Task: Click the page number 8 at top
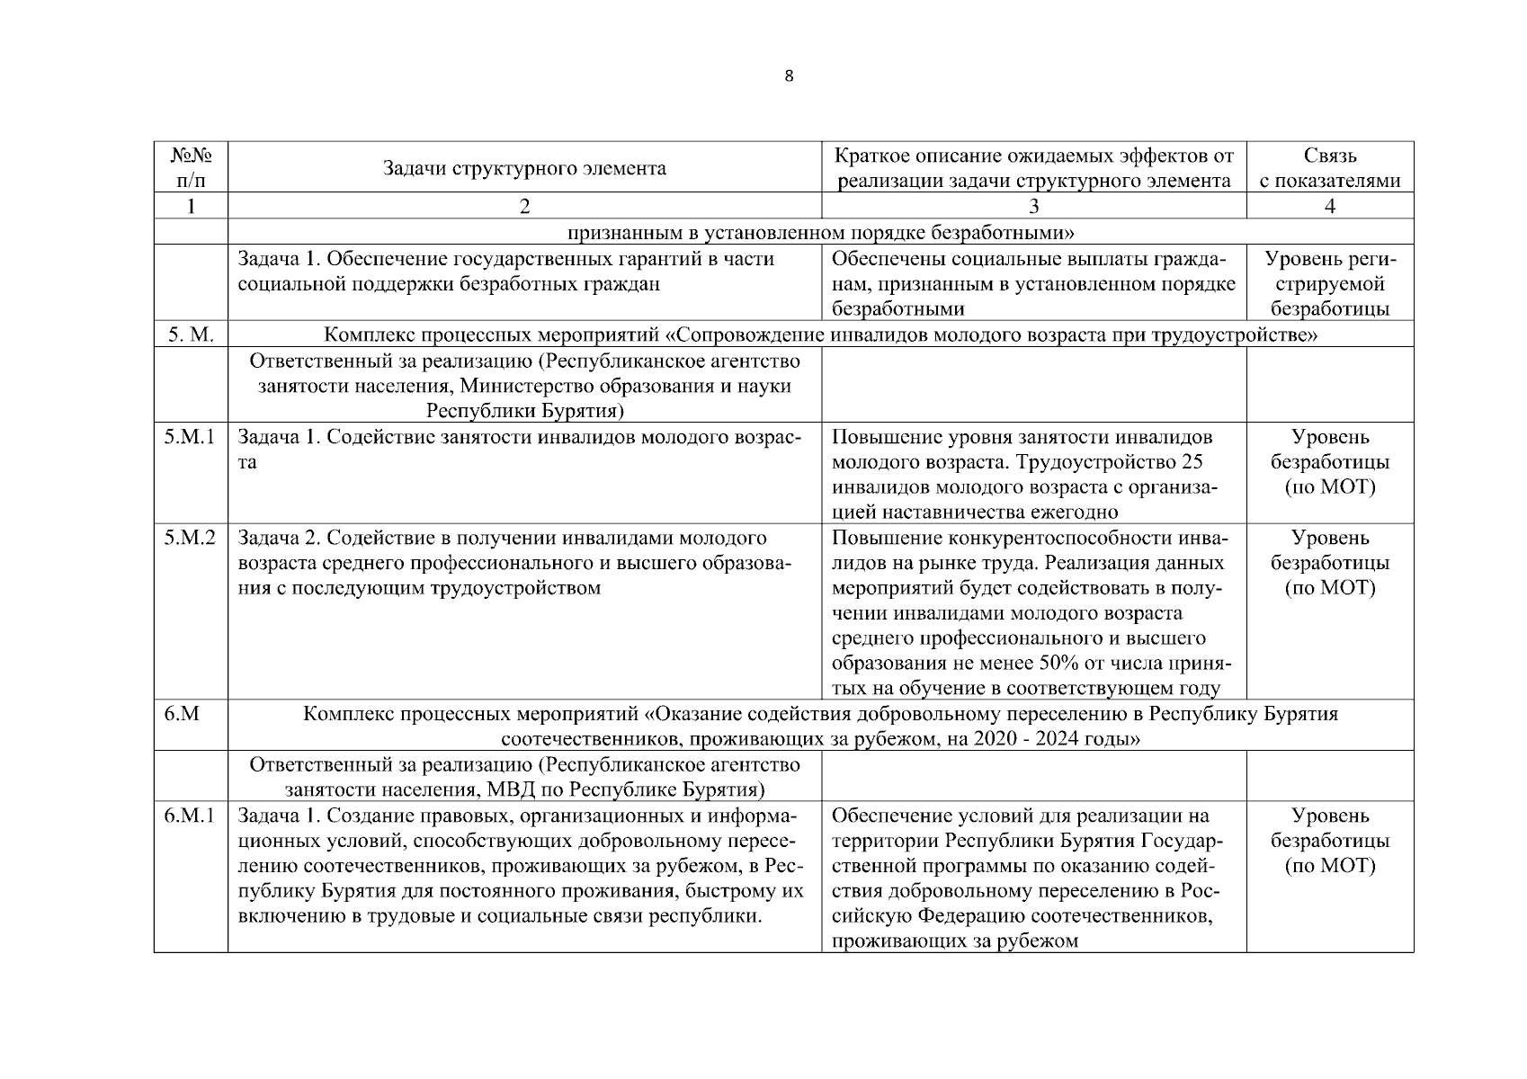click(789, 76)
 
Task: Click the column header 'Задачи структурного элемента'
click(524, 168)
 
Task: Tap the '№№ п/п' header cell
click(191, 167)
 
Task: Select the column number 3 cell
click(1033, 206)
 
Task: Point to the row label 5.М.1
click(191, 438)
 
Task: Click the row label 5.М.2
click(191, 539)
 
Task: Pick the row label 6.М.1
click(191, 816)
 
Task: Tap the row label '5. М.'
click(191, 335)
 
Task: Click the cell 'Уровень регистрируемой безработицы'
click(1329, 284)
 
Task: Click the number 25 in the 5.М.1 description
click(1192, 462)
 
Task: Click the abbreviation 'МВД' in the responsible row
click(508, 790)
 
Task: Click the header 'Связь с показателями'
click(1329, 168)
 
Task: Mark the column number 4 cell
click(1329, 206)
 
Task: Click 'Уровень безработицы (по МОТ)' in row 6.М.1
click(1329, 841)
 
